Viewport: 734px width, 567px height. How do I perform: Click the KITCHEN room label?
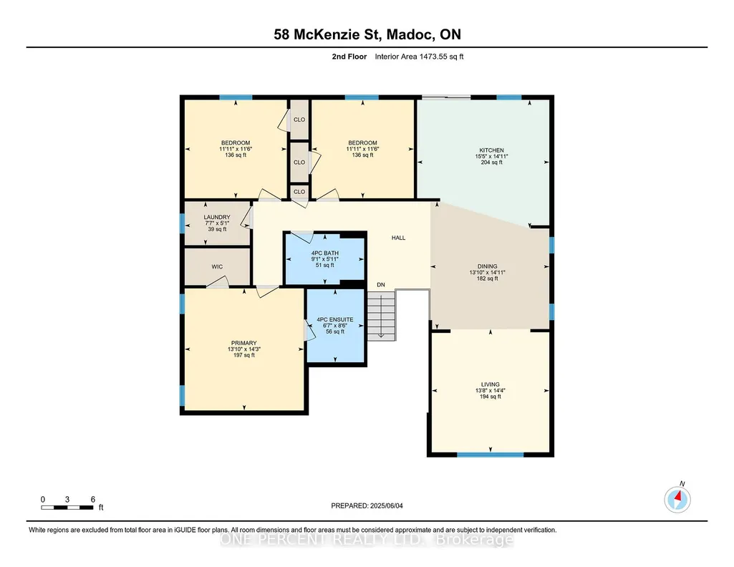click(491, 150)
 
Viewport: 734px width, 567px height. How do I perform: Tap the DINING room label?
click(488, 266)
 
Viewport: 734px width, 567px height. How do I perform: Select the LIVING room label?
click(490, 384)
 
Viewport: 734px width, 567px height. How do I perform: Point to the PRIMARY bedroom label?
click(244, 343)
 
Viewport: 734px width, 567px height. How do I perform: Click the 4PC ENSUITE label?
click(335, 319)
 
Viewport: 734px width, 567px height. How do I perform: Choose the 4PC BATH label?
click(325, 253)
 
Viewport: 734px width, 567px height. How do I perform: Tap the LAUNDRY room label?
click(217, 217)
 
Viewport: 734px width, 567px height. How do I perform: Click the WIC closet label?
click(217, 266)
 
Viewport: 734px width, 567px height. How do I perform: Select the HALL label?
click(398, 238)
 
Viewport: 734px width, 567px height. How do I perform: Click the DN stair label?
click(381, 284)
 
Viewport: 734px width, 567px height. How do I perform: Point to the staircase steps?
click(381, 316)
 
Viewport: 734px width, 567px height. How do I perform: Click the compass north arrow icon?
click(677, 499)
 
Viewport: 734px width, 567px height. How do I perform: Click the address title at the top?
click(367, 34)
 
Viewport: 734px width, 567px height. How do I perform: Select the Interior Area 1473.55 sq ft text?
click(419, 57)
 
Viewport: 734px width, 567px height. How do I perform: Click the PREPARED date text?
click(367, 505)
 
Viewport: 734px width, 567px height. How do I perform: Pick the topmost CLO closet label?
click(299, 120)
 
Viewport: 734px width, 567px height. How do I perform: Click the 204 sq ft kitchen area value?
click(491, 163)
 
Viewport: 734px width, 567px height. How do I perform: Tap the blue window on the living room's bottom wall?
click(490, 455)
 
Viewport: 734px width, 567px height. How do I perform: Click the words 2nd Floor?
click(349, 57)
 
